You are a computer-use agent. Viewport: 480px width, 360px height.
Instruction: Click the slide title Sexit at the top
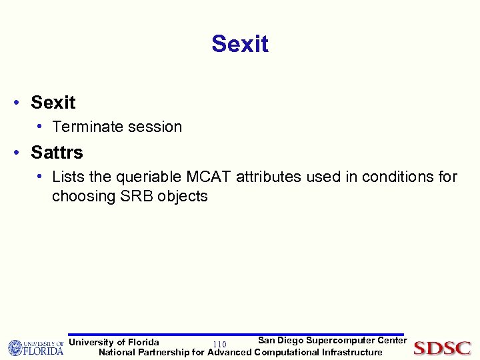[240, 44]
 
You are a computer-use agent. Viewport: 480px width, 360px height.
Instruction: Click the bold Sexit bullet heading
[53, 103]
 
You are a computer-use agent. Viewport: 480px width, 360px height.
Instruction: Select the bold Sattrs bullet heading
[57, 153]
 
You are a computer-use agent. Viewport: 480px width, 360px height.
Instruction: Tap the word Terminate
[85, 127]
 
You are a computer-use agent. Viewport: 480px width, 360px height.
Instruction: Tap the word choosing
[79, 196]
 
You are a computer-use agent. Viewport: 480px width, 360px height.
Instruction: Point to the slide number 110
[219, 344]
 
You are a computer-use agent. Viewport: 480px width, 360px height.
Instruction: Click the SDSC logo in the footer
[442, 348]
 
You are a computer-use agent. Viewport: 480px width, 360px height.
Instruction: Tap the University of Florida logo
[35, 347]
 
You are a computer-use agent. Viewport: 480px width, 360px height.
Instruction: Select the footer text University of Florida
[114, 342]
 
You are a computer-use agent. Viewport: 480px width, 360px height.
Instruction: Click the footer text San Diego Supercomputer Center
[332, 341]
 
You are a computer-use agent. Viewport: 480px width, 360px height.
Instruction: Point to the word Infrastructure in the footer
[352, 352]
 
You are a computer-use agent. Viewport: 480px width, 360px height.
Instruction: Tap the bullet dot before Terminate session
[41, 126]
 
